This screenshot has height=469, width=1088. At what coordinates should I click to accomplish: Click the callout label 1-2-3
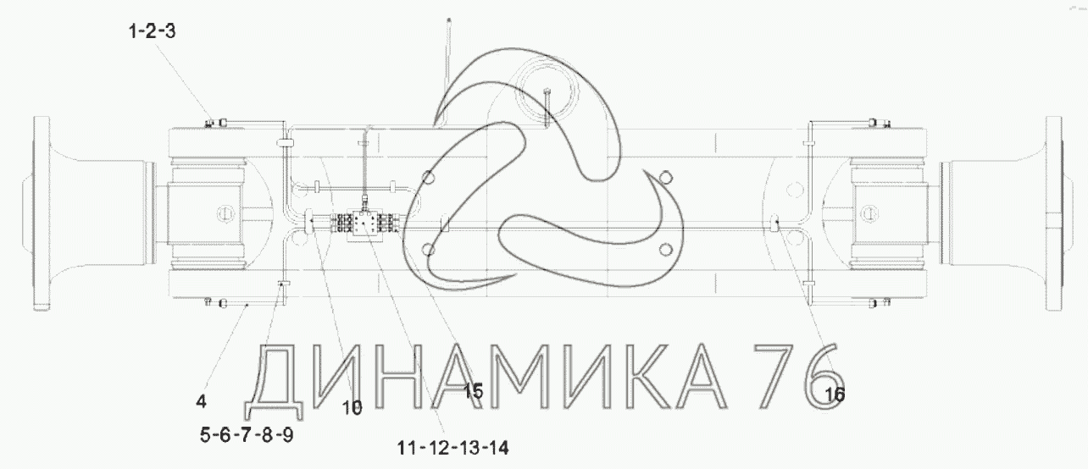pyautogui.click(x=152, y=31)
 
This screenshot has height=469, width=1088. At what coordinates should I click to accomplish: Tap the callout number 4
pyautogui.click(x=201, y=401)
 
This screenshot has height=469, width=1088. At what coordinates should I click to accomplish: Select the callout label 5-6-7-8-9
pyautogui.click(x=247, y=435)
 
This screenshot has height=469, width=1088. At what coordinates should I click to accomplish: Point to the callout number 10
pyautogui.click(x=352, y=408)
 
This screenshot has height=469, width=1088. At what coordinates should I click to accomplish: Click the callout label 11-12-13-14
pyautogui.click(x=452, y=448)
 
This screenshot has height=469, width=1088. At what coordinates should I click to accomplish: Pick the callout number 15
pyautogui.click(x=473, y=391)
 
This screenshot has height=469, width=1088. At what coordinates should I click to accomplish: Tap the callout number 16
pyautogui.click(x=835, y=395)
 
